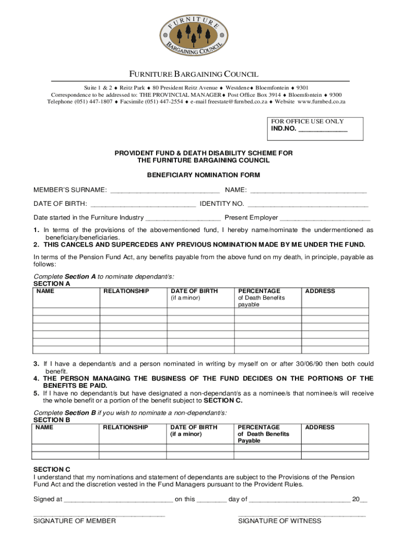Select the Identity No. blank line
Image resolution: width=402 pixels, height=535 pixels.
pos(308,204)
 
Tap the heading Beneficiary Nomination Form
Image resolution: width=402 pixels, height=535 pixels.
pos(204,175)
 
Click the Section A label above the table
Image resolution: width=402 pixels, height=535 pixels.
pos(52,284)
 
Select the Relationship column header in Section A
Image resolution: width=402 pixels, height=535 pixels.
pos(126,291)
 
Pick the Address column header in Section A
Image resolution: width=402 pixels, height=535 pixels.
pos(320,291)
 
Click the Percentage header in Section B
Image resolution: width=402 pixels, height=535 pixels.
pos(259,427)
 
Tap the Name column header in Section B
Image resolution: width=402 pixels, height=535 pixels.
pos(44,427)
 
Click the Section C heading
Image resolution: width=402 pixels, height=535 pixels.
pos(52,469)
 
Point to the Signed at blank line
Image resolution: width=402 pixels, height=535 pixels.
pos(118,499)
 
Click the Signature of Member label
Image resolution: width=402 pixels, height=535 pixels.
pos(75,521)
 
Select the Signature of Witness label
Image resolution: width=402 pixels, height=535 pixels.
pos(280,521)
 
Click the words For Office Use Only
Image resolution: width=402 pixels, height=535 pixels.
pos(308,121)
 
